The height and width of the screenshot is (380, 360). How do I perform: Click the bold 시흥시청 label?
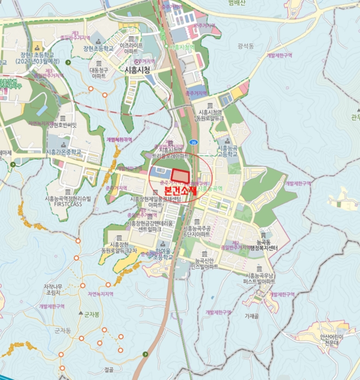pos(137,70)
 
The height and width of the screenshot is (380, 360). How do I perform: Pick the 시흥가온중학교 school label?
pos(63,152)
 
